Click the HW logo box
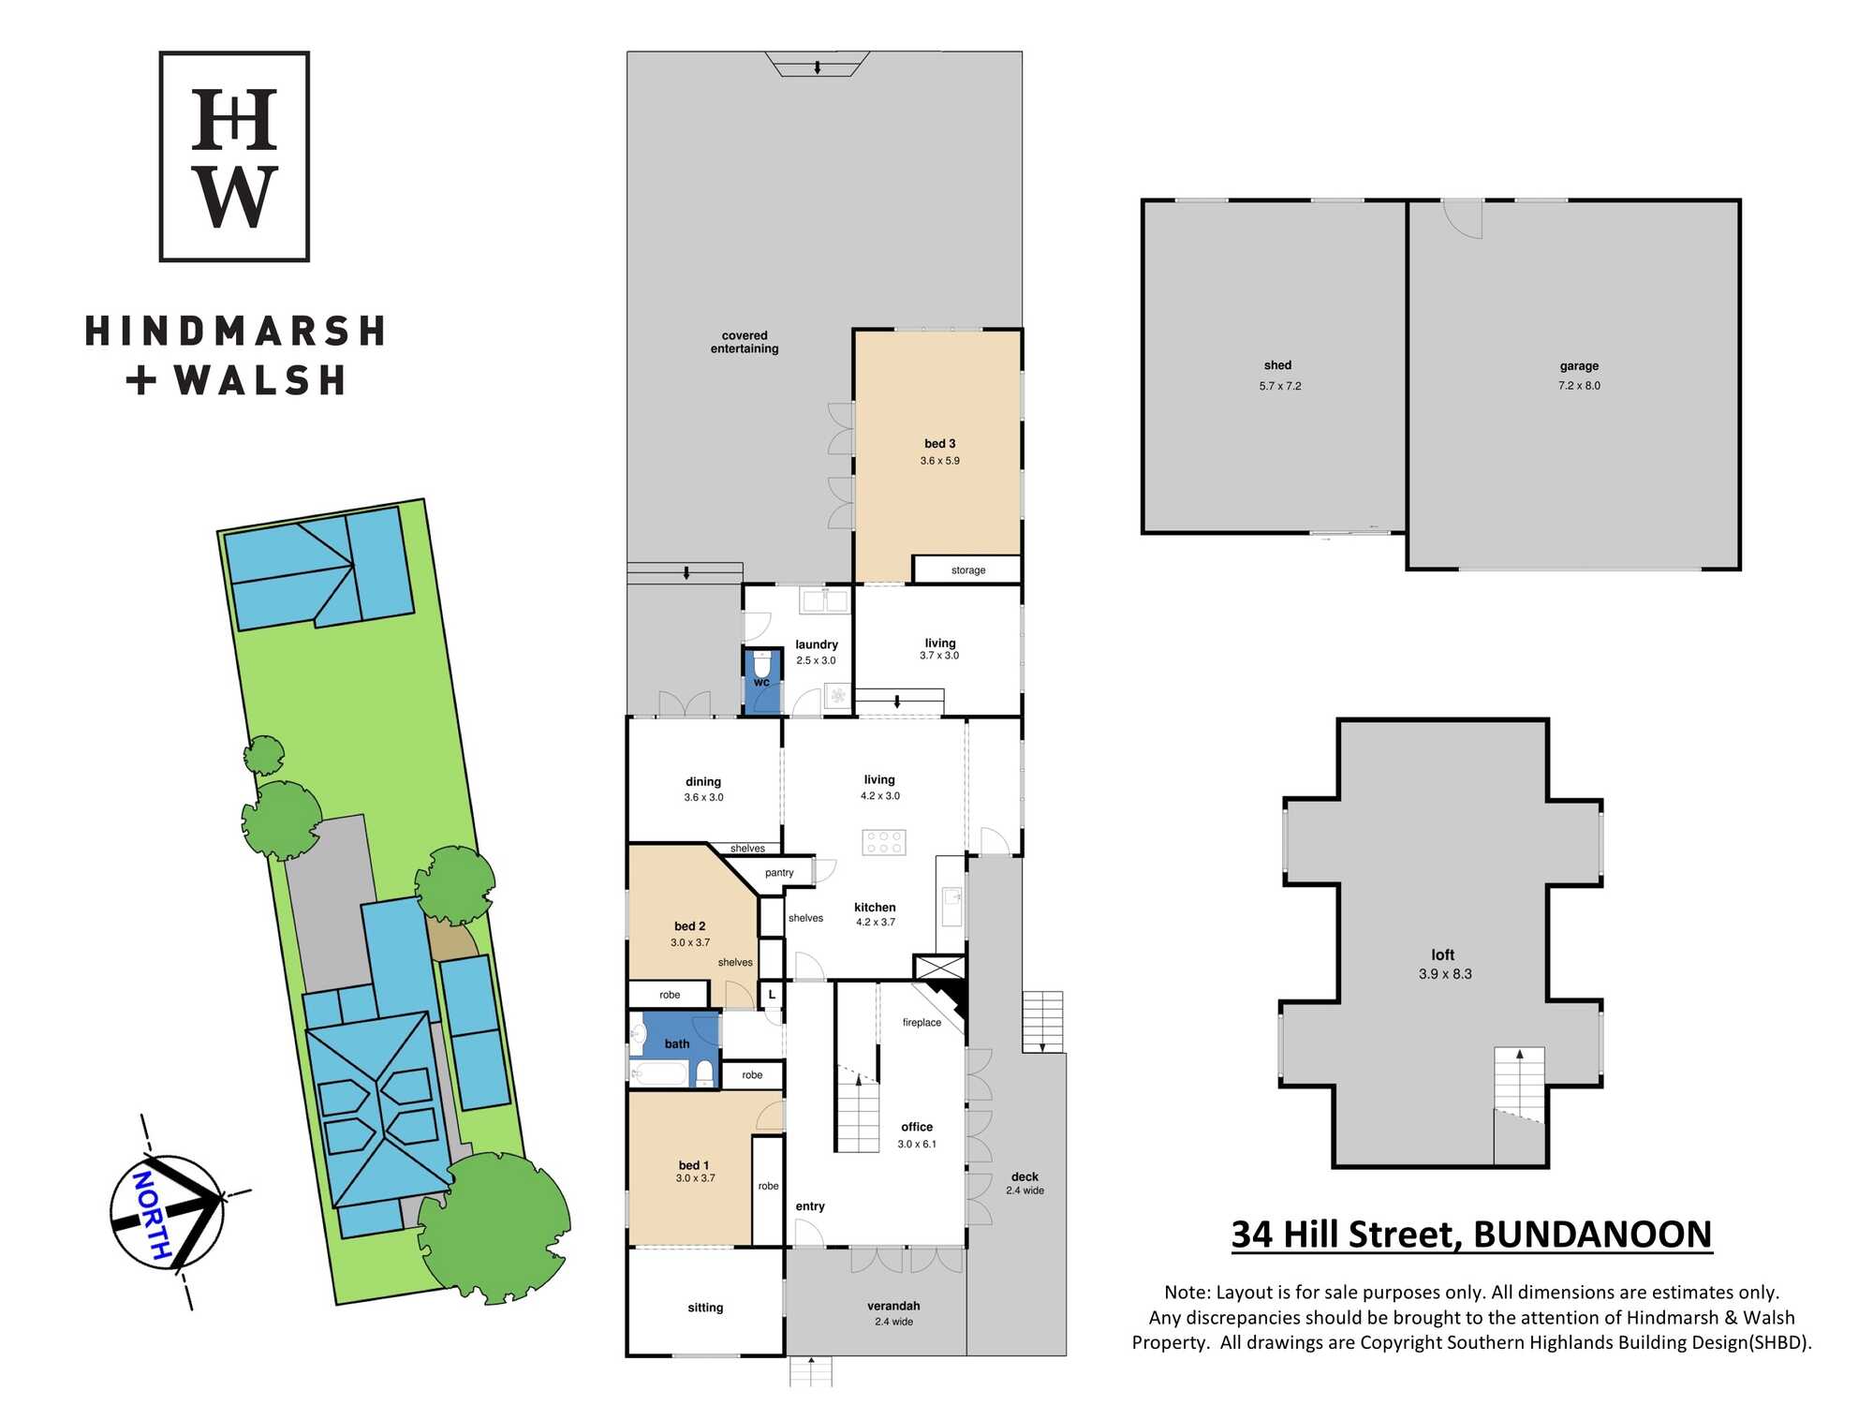[x=234, y=156]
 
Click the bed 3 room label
[x=939, y=444]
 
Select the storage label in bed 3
[x=968, y=569]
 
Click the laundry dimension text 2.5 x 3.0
[x=816, y=660]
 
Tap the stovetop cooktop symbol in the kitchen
[x=884, y=842]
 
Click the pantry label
[x=779, y=873]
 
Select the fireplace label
[x=922, y=1022]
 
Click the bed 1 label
[x=694, y=1165]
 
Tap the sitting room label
[x=705, y=1308]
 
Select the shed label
[x=1277, y=365]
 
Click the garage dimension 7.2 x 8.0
[x=1579, y=385]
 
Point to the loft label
[x=1443, y=954]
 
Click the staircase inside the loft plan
[x=1519, y=1087]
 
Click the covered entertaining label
[x=745, y=342]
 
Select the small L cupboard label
[x=772, y=994]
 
